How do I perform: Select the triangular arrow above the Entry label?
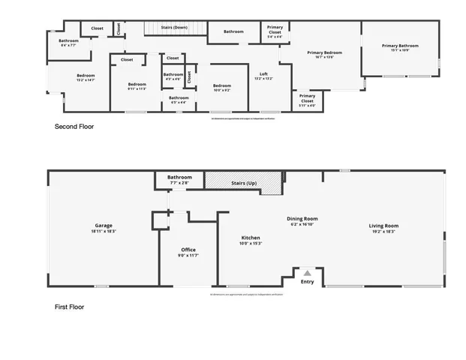click(306, 273)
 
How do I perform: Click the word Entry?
click(308, 282)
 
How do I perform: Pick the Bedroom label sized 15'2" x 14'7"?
click(85, 76)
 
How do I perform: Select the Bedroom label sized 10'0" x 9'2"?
click(221, 87)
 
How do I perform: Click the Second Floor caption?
click(74, 127)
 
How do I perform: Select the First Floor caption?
click(70, 307)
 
